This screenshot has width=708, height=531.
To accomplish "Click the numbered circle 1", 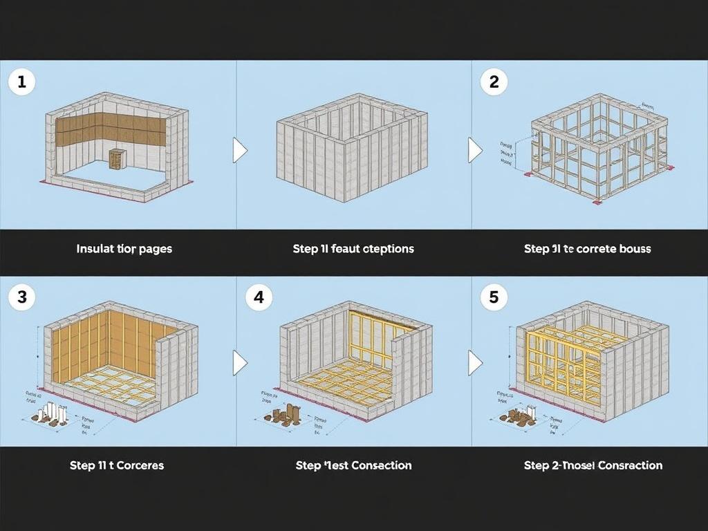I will [21, 82].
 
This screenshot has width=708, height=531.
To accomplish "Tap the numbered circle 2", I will [494, 82].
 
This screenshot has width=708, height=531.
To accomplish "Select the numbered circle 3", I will [21, 297].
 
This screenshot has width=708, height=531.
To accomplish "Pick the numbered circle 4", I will [259, 297].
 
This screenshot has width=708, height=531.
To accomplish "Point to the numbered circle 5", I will [494, 297].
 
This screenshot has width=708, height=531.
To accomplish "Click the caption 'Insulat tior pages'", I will [124, 249].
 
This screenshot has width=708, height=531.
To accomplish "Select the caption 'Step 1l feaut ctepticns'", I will [353, 249].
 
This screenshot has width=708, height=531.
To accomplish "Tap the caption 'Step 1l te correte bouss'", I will [588, 249].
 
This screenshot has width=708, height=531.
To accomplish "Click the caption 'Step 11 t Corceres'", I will [117, 465].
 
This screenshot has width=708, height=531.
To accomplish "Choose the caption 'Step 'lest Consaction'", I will [353, 465].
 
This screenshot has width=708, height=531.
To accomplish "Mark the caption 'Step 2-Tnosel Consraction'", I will [593, 465].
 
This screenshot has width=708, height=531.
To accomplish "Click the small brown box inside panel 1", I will [117, 158].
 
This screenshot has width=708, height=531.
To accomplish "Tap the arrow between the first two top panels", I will [239, 150].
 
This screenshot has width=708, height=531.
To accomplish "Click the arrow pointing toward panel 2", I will [475, 150].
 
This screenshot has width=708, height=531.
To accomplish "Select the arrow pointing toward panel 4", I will [239, 362].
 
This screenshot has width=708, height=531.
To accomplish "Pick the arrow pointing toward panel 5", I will [475, 362].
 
